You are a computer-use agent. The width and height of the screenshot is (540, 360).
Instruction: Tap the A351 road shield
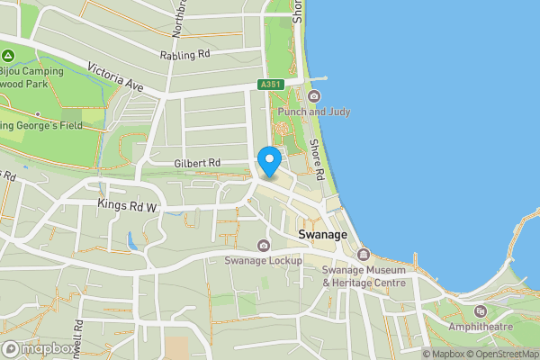click(x=270, y=85)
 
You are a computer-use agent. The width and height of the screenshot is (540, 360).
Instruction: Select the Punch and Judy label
click(x=314, y=112)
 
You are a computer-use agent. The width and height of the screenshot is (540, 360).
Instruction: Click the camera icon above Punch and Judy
click(x=314, y=96)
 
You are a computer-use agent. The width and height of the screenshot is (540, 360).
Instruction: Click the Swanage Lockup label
click(x=263, y=261)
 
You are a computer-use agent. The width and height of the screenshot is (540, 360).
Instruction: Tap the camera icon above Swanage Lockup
click(x=263, y=246)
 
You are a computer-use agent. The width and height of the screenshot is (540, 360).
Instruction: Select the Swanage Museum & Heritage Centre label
click(x=364, y=276)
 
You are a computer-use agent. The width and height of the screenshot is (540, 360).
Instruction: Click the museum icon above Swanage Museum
click(x=364, y=255)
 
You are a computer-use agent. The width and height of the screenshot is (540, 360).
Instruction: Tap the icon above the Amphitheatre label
click(x=479, y=310)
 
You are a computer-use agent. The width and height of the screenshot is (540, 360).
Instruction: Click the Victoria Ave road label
click(x=116, y=76)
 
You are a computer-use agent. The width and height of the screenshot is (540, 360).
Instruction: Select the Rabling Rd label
click(x=184, y=54)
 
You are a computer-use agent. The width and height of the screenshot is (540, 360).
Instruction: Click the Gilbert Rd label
click(x=197, y=162)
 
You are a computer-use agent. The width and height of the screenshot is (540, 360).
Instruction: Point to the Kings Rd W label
click(x=127, y=205)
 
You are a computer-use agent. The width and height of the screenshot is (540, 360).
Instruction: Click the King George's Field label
click(x=41, y=125)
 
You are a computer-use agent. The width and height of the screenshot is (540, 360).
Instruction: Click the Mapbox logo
click(x=39, y=348)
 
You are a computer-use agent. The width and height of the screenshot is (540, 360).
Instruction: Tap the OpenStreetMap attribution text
click(x=502, y=354)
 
